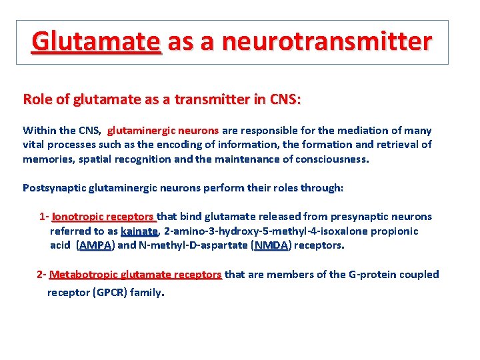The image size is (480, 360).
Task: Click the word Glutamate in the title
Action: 96,41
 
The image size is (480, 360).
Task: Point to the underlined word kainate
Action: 139,231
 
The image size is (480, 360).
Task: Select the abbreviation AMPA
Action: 95,245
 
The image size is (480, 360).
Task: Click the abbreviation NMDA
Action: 271,245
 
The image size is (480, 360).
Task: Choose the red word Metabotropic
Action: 84,274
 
